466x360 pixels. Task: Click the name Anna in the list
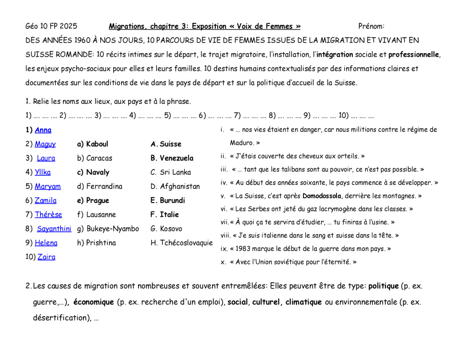tap(43, 130)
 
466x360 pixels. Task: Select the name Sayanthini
tap(54, 229)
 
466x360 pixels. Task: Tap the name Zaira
tap(46, 257)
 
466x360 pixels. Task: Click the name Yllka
tap(43, 172)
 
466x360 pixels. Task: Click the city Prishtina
tap(101, 243)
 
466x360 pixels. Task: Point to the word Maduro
tap(241, 143)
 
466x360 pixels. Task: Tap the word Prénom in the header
tap(371, 26)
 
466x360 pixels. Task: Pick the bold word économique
tap(94, 302)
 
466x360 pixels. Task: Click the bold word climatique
tap(303, 302)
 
